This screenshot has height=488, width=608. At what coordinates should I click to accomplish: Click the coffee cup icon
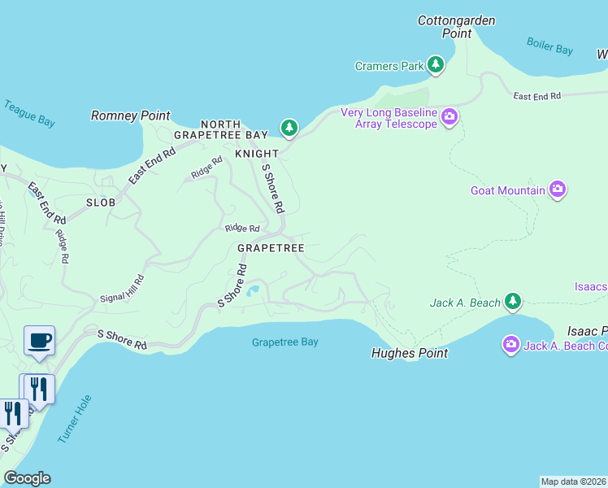pyautogui.click(x=38, y=341)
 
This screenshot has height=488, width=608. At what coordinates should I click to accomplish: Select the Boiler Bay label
pyautogui.click(x=549, y=46)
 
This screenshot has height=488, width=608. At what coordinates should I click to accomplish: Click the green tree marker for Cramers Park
pyautogui.click(x=436, y=65)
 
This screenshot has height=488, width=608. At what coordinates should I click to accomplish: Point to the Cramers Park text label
pyautogui.click(x=389, y=66)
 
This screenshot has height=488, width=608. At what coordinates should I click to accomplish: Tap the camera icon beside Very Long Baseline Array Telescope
pyautogui.click(x=449, y=119)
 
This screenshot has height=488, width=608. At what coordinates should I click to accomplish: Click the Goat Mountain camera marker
pyautogui.click(x=557, y=190)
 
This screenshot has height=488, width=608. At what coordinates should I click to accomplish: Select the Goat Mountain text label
pyautogui.click(x=507, y=191)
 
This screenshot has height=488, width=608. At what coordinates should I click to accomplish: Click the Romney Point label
pyautogui.click(x=130, y=116)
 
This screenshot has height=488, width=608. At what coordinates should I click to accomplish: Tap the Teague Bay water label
pyautogui.click(x=29, y=113)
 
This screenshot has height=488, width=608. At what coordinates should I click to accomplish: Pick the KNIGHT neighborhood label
pyautogui.click(x=257, y=154)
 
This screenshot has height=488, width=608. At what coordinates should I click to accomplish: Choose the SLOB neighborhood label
pyautogui.click(x=101, y=202)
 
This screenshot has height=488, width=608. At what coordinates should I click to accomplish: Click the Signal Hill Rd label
pyautogui.click(x=122, y=289)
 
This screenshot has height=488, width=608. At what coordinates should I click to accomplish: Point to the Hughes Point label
pyautogui.click(x=409, y=354)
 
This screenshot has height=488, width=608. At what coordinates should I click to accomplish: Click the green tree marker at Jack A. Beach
pyautogui.click(x=512, y=303)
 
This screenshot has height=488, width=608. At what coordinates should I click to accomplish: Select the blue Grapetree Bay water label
pyautogui.click(x=284, y=342)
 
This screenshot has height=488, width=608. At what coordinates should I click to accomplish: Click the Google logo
pyautogui.click(x=27, y=477)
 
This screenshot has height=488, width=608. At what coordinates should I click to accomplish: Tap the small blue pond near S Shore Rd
pyautogui.click(x=254, y=290)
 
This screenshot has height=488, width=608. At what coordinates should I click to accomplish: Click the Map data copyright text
pyautogui.click(x=573, y=481)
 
